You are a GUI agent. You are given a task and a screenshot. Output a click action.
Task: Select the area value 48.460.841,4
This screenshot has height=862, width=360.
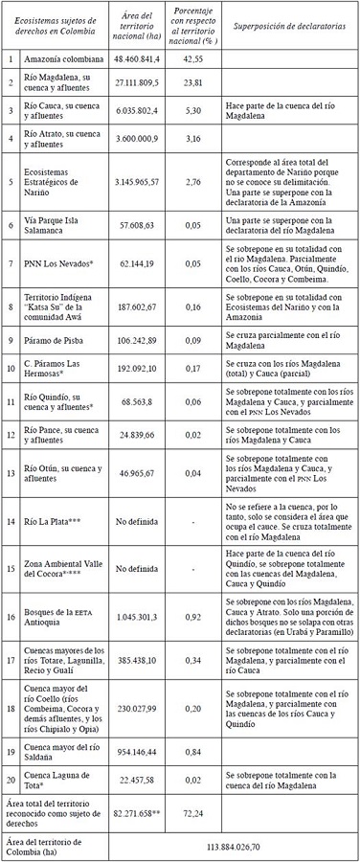click(x=135, y=58)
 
